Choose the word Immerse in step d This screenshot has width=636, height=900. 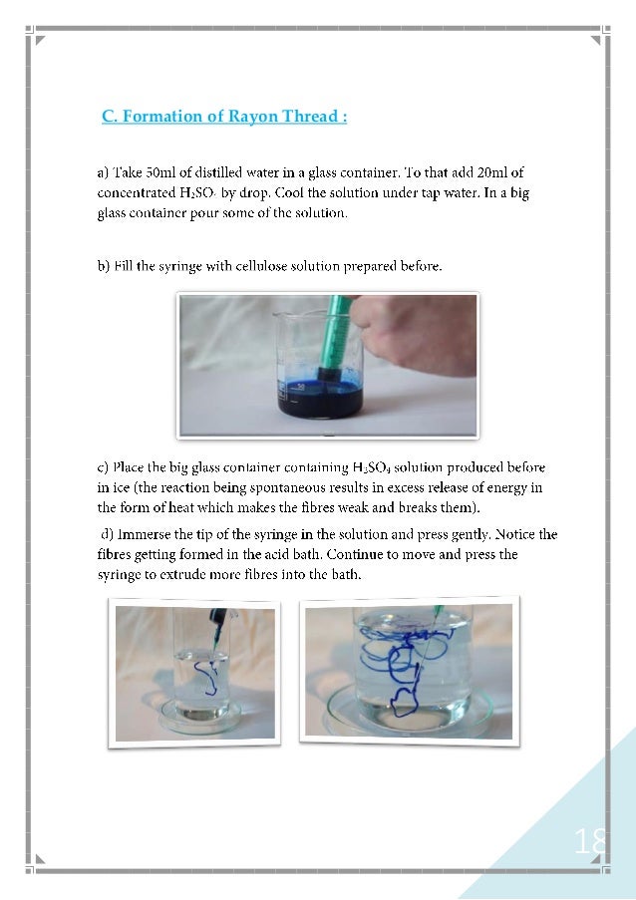point(143,535)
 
